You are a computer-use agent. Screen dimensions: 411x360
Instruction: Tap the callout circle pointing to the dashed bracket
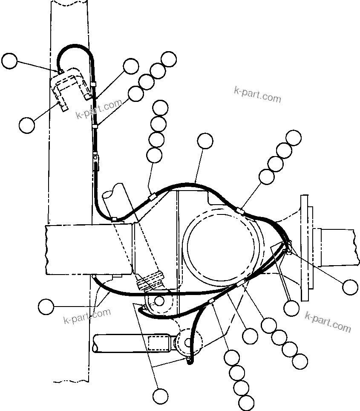(x=27, y=125)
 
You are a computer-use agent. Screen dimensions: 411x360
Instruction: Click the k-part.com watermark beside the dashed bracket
(x=98, y=110)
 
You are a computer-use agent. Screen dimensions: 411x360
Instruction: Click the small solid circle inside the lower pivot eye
(x=159, y=301)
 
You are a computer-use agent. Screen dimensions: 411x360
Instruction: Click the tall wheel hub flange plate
(x=304, y=247)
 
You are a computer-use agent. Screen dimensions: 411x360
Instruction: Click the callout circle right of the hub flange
(x=350, y=287)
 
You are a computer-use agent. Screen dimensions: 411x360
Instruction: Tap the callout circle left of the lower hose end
(x=46, y=307)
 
